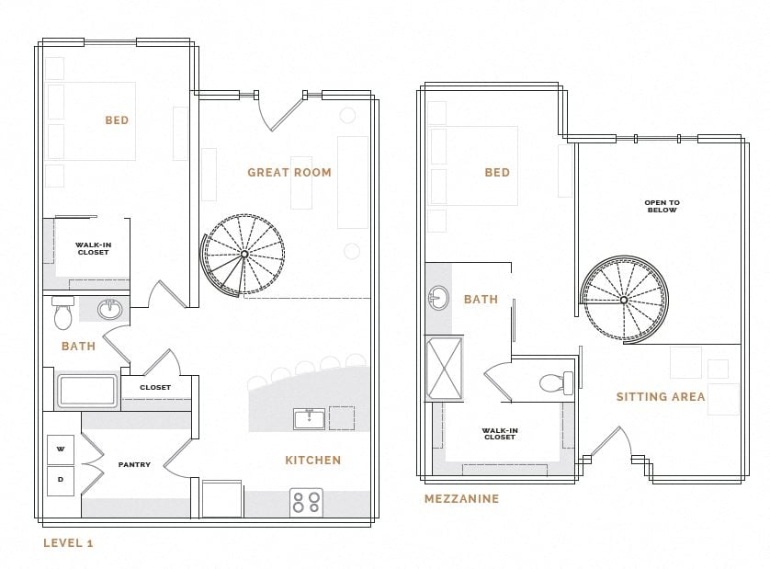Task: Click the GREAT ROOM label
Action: (289, 173)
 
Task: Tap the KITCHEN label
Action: (312, 461)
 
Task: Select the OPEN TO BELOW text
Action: (662, 207)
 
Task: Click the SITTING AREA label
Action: (661, 397)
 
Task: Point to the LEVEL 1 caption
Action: (68, 543)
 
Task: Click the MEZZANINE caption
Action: (461, 499)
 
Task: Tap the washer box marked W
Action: (61, 450)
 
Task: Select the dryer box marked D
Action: (61, 480)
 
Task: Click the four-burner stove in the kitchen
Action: (306, 502)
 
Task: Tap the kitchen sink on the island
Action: (309, 419)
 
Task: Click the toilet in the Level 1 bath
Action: (62, 314)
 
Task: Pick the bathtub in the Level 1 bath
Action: (87, 391)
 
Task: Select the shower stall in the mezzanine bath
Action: (445, 369)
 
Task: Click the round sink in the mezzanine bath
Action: (437, 298)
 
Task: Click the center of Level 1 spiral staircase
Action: (243, 255)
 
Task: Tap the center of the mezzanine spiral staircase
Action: (624, 300)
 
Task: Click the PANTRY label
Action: (134, 465)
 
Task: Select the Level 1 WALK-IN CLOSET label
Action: (93, 248)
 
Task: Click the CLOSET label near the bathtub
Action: (155, 388)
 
